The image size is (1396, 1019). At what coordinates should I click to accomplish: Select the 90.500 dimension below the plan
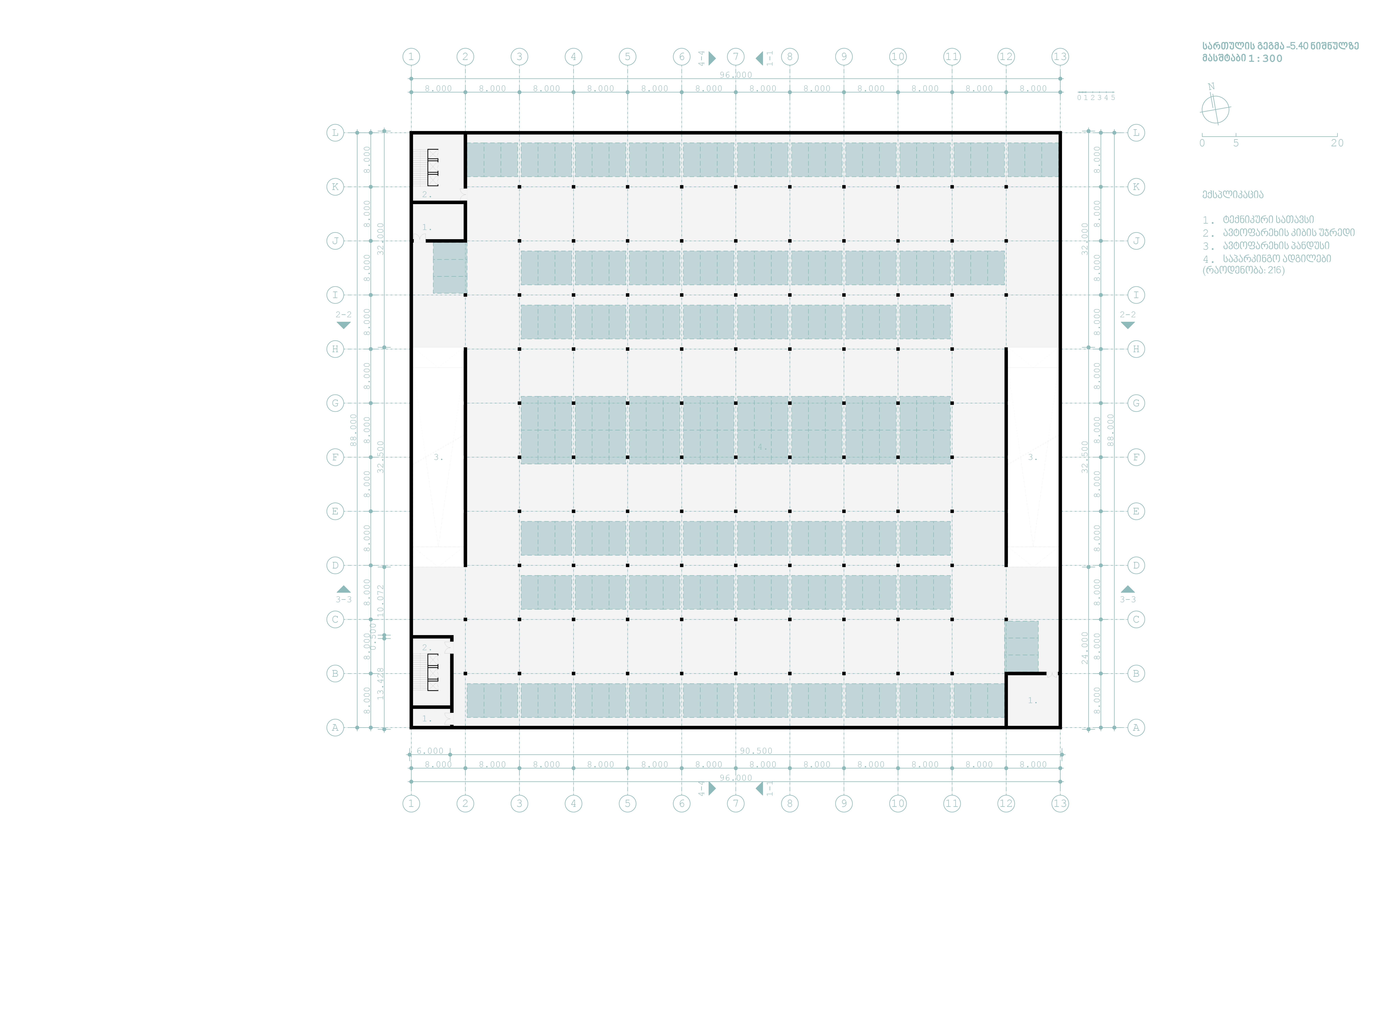point(756,751)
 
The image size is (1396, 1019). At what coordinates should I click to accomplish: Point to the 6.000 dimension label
point(430,751)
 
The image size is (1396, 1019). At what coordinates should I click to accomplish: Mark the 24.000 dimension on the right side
point(1085,648)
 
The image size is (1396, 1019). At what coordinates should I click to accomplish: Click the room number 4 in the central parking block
point(762,447)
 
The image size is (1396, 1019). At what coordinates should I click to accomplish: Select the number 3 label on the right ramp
point(1032,457)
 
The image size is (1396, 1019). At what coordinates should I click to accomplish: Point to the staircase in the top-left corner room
point(432,167)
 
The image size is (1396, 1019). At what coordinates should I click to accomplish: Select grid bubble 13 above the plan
point(1060,57)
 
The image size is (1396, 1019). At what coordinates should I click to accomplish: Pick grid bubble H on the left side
point(335,349)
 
